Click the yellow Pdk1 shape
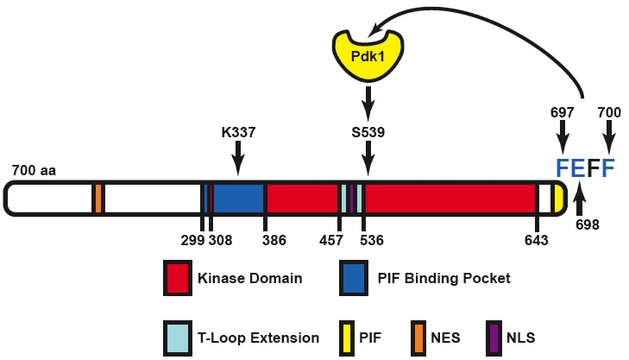tap(368, 54)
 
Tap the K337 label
tap(238, 133)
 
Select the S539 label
tap(368, 133)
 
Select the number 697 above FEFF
tap(562, 113)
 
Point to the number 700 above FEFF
tap(610, 113)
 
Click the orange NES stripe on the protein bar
tap(99, 198)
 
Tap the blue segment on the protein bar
tap(238, 198)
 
